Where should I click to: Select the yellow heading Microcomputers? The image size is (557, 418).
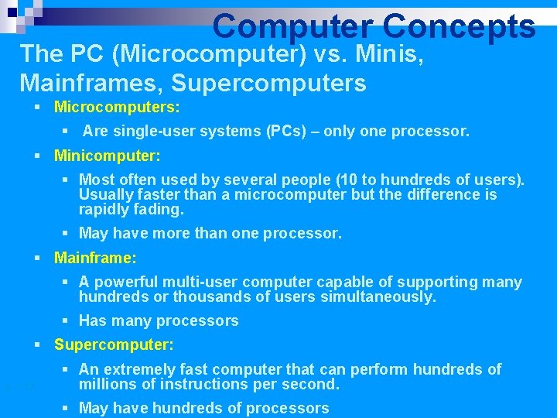click(117, 106)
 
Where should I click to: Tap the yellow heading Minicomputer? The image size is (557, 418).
click(108, 156)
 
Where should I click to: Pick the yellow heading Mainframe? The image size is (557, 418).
click(95, 257)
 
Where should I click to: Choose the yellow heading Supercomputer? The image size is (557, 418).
click(114, 344)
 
